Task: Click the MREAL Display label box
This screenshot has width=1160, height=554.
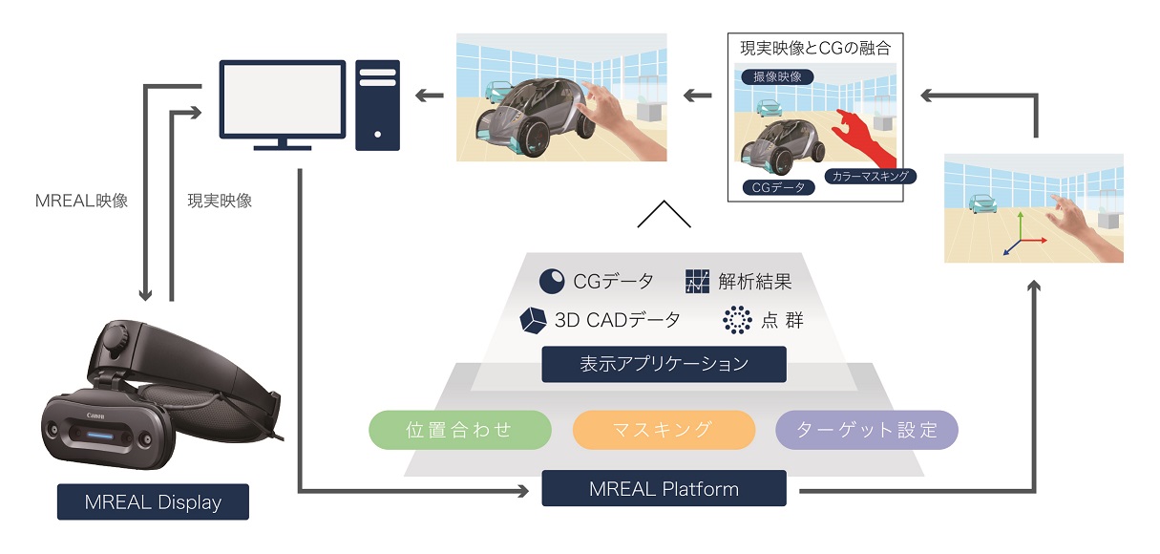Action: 153,501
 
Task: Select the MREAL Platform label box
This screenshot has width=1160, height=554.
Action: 664,489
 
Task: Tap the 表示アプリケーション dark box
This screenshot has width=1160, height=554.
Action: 664,364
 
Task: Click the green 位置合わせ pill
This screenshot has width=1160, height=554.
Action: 460,430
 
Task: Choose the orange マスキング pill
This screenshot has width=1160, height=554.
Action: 664,430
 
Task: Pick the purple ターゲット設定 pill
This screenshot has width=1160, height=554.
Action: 866,430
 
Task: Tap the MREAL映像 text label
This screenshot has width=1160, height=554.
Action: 81,202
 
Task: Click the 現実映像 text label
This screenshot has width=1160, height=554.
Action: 220,202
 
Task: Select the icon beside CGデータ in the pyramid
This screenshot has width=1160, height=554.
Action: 552,282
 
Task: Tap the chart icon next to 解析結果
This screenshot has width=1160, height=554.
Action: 697,282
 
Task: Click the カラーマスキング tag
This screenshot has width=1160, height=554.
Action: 869,176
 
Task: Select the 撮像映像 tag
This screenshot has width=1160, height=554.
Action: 777,76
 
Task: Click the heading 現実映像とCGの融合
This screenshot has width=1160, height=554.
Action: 815,48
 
